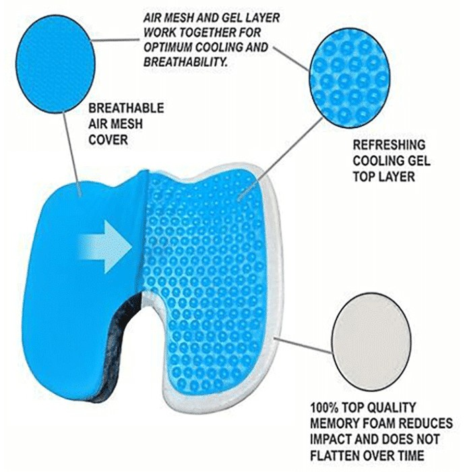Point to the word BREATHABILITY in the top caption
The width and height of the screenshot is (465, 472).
tap(185, 62)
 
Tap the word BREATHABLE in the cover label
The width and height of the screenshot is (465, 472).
tap(126, 109)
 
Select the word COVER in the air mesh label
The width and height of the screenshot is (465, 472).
tap(108, 140)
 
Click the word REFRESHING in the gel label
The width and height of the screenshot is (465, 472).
tap(390, 145)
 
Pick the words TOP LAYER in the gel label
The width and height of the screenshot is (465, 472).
tap(383, 177)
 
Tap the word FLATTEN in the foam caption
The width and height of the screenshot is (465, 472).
tap(335, 455)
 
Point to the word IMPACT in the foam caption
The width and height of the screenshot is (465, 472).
tap(330, 439)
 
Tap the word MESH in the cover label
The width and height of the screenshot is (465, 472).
tap(125, 124)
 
